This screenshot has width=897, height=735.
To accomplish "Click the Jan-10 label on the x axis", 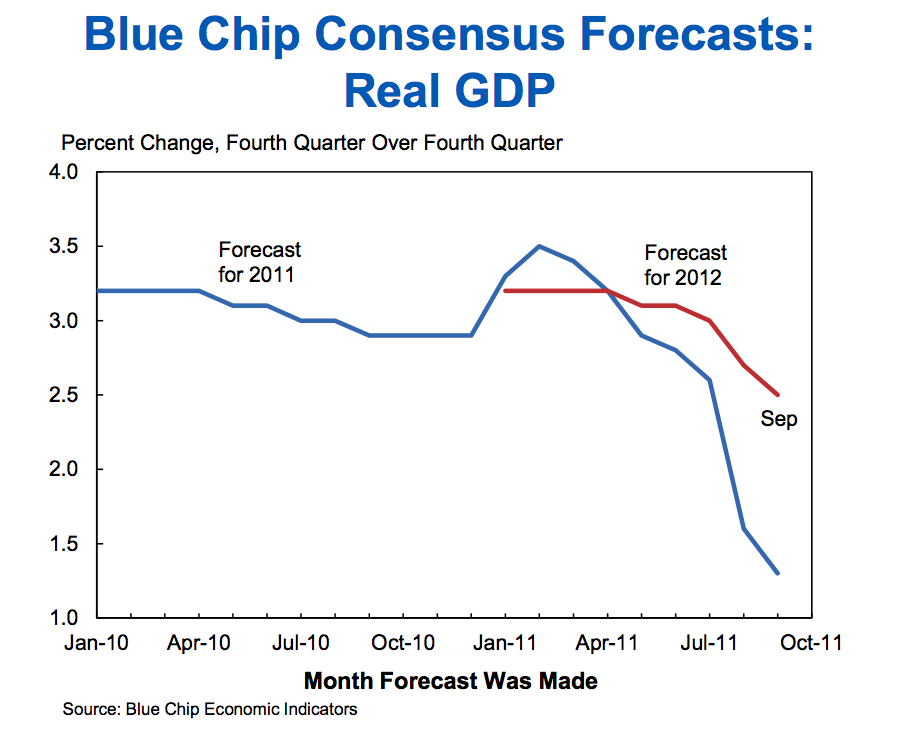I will point(96,643).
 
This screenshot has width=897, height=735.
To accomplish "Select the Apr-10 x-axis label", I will point(198,643).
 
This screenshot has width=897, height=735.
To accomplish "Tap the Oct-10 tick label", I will point(403,643).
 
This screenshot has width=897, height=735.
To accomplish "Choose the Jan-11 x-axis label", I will point(505,643).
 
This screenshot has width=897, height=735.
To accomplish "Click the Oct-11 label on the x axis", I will point(811,643).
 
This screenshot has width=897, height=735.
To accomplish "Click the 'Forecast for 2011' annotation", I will point(259,261).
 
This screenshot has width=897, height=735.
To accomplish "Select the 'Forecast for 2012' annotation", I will point(685,264).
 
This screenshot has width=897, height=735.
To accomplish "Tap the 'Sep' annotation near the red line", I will point(779,419).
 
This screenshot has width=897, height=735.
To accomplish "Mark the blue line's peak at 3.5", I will point(540,246).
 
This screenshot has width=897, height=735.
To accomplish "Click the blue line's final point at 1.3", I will point(778,573).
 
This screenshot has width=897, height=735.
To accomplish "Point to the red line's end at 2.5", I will point(778,395).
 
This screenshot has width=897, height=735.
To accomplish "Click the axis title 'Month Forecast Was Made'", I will point(450,681).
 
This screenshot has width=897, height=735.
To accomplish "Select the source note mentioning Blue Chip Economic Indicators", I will point(209,710).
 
